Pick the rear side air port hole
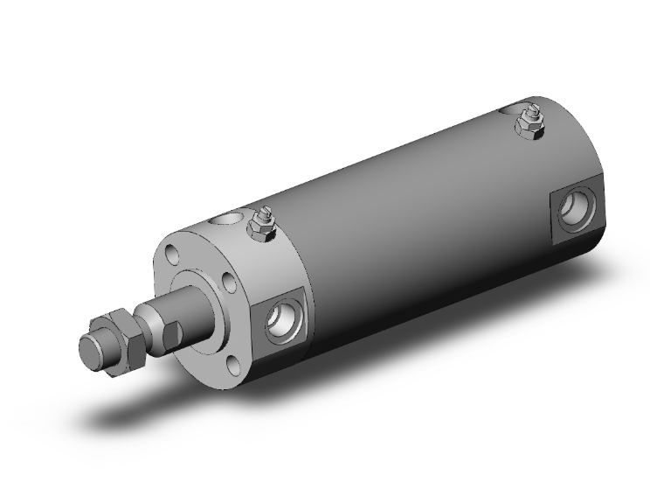point(577,208)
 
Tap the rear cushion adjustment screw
point(529,115)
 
